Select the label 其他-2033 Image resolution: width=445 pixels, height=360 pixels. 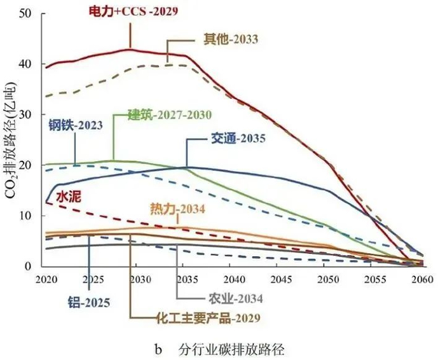(x=230, y=39)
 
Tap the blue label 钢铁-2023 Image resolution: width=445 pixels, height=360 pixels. (x=75, y=126)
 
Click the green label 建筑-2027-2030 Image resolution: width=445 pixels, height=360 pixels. (x=169, y=115)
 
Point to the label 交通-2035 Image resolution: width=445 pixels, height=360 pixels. (x=238, y=137)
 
